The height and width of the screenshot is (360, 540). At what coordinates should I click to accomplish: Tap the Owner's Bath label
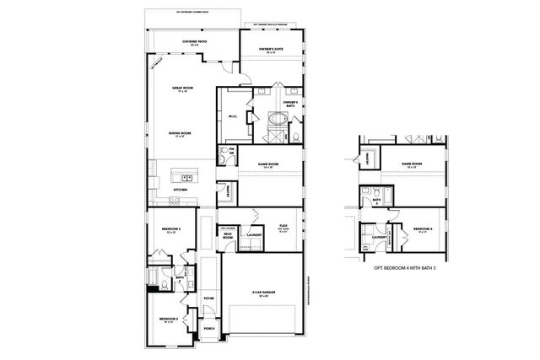289,104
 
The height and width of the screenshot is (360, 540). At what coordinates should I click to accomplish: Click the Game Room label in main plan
269,164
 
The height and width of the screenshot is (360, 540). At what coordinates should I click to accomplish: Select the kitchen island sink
187,178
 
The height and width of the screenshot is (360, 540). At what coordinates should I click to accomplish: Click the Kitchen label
181,190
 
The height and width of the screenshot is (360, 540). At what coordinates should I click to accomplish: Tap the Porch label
209,328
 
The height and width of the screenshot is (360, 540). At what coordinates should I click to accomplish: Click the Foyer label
208,298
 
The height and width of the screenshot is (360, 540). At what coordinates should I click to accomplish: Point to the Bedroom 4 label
423,229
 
